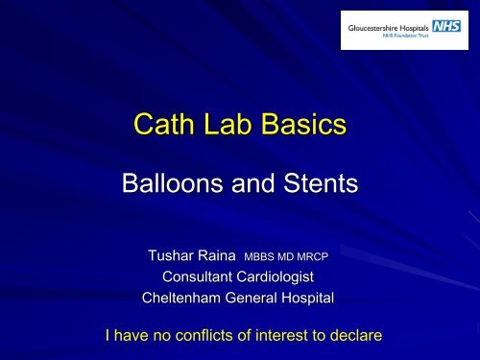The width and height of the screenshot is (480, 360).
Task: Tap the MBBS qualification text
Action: pyautogui.click(x=268, y=257)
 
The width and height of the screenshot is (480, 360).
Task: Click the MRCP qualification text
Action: pyautogui.click(x=325, y=257)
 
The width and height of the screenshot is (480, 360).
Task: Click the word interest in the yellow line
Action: pyautogui.click(x=288, y=336)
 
